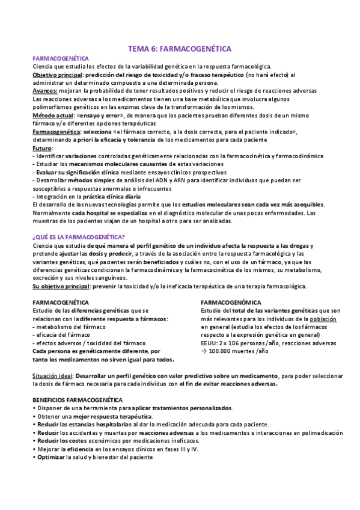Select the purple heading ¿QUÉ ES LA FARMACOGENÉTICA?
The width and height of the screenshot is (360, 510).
coord(78,236)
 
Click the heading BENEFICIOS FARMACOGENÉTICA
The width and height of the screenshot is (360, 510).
coord(77,400)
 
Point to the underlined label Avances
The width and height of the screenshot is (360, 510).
coord(44,91)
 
